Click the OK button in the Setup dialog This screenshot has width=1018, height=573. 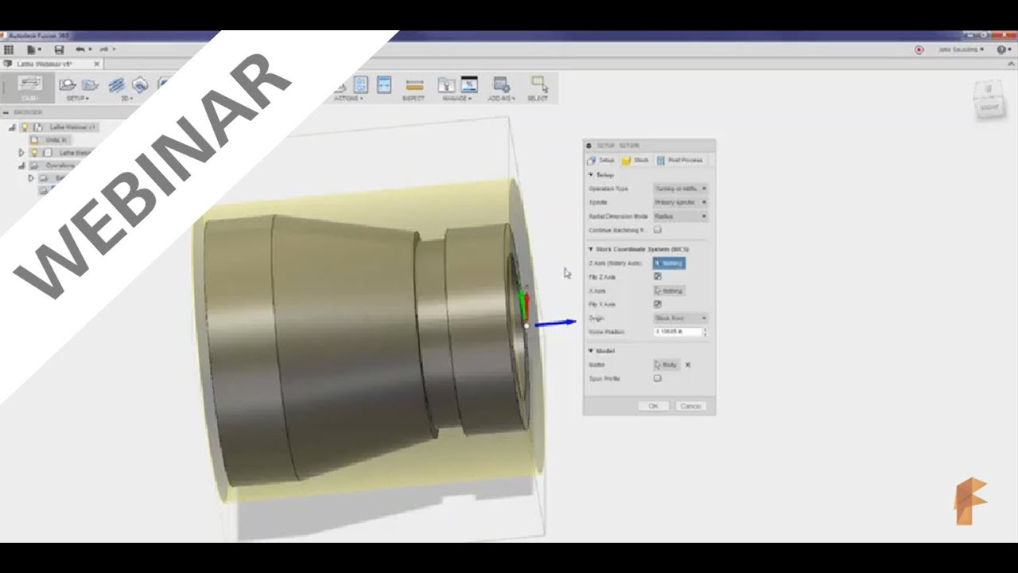click(x=653, y=406)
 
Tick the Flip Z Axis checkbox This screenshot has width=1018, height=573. click(x=658, y=277)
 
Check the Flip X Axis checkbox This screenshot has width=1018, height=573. click(x=658, y=304)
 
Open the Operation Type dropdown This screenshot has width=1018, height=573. click(x=680, y=189)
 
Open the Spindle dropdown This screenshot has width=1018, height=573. click(x=680, y=202)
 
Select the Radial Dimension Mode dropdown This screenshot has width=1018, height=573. click(x=680, y=216)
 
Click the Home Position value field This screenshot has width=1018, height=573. click(x=678, y=331)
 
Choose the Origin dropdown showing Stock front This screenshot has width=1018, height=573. click(x=680, y=318)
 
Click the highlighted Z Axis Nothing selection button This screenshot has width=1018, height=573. click(x=669, y=263)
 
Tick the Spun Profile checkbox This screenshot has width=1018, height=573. click(x=658, y=379)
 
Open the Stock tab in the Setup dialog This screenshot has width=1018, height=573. click(x=635, y=160)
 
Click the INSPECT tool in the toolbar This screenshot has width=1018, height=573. click(x=414, y=88)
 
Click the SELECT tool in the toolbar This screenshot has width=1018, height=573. click(x=538, y=88)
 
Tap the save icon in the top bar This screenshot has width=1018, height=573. click(x=59, y=49)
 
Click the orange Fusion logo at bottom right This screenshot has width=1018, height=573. click(x=970, y=501)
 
